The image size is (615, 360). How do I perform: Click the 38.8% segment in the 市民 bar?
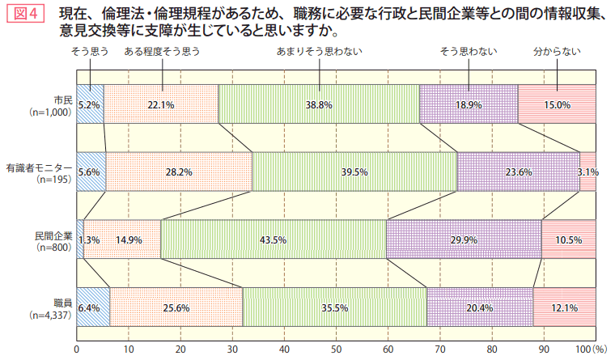click(x=319, y=104)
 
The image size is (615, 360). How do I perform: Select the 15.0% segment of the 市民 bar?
click(x=557, y=104)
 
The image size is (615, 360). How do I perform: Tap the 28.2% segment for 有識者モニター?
click(x=179, y=172)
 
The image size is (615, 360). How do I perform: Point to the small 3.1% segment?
click(x=588, y=172)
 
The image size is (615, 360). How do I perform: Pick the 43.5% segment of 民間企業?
click(x=273, y=239)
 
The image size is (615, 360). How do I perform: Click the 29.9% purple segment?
click(x=464, y=239)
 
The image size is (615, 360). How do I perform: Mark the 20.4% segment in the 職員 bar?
click(x=480, y=307)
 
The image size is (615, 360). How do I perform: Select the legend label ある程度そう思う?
click(x=162, y=52)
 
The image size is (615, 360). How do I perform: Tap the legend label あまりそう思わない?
click(x=320, y=52)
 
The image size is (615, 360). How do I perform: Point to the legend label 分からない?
click(x=557, y=52)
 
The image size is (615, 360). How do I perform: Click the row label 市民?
click(x=62, y=99)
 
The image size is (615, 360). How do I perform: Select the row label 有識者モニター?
click(x=39, y=167)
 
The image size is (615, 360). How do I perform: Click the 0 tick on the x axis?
click(x=77, y=349)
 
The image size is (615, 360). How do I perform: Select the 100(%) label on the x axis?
click(x=590, y=349)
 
